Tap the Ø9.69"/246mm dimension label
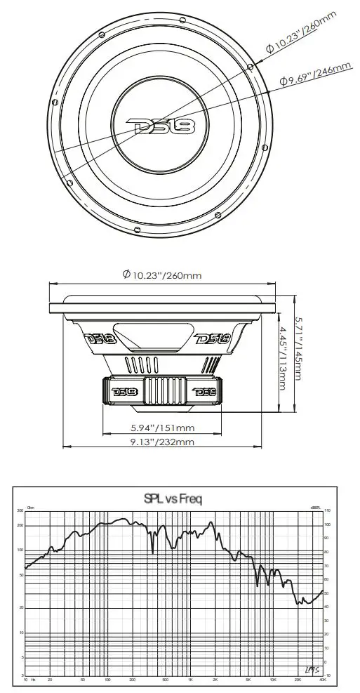pos(315,74)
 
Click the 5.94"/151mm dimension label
pos(162,427)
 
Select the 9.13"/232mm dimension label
pos(162,442)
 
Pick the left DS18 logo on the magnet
pos(121,390)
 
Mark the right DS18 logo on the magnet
pos(204,390)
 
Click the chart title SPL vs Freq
pos(173,499)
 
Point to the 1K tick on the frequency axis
pos(190,680)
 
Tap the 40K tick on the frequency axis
pos(322,680)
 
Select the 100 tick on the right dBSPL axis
pos(328,524)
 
